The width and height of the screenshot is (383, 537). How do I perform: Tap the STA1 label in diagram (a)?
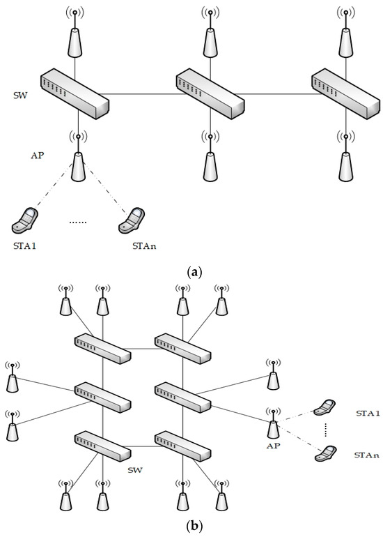(26, 245)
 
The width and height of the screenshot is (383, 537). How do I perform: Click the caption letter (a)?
(191, 272)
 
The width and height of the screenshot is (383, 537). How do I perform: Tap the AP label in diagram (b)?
(272, 444)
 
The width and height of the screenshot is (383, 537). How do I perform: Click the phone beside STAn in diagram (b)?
(322, 453)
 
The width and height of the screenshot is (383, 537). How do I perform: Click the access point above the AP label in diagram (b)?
(273, 424)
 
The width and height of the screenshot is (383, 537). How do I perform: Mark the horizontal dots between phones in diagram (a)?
(79, 223)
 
